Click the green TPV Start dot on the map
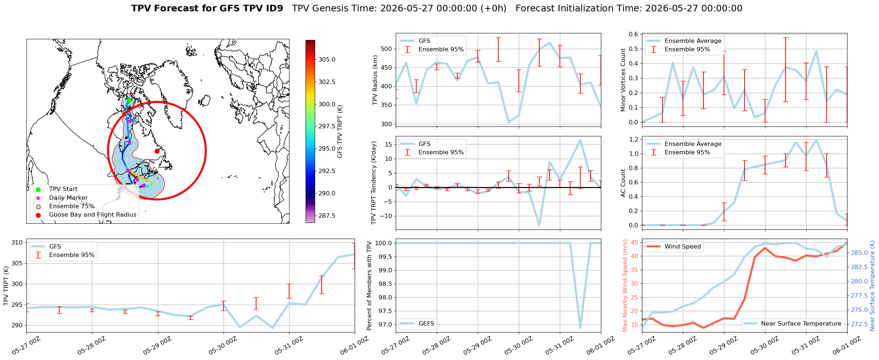[x=129, y=100]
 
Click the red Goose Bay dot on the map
[x=157, y=151]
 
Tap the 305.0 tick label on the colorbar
[x=327, y=59]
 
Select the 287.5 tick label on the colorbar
[x=327, y=216]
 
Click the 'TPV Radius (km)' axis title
[x=375, y=80]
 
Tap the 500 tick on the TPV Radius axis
[x=387, y=49]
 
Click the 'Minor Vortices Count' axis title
[x=623, y=80]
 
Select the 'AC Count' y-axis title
[x=623, y=183]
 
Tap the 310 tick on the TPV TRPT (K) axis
[x=17, y=242]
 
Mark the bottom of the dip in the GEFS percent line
[x=580, y=328]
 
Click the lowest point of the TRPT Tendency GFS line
[x=539, y=225]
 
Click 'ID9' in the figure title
[x=275, y=8]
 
